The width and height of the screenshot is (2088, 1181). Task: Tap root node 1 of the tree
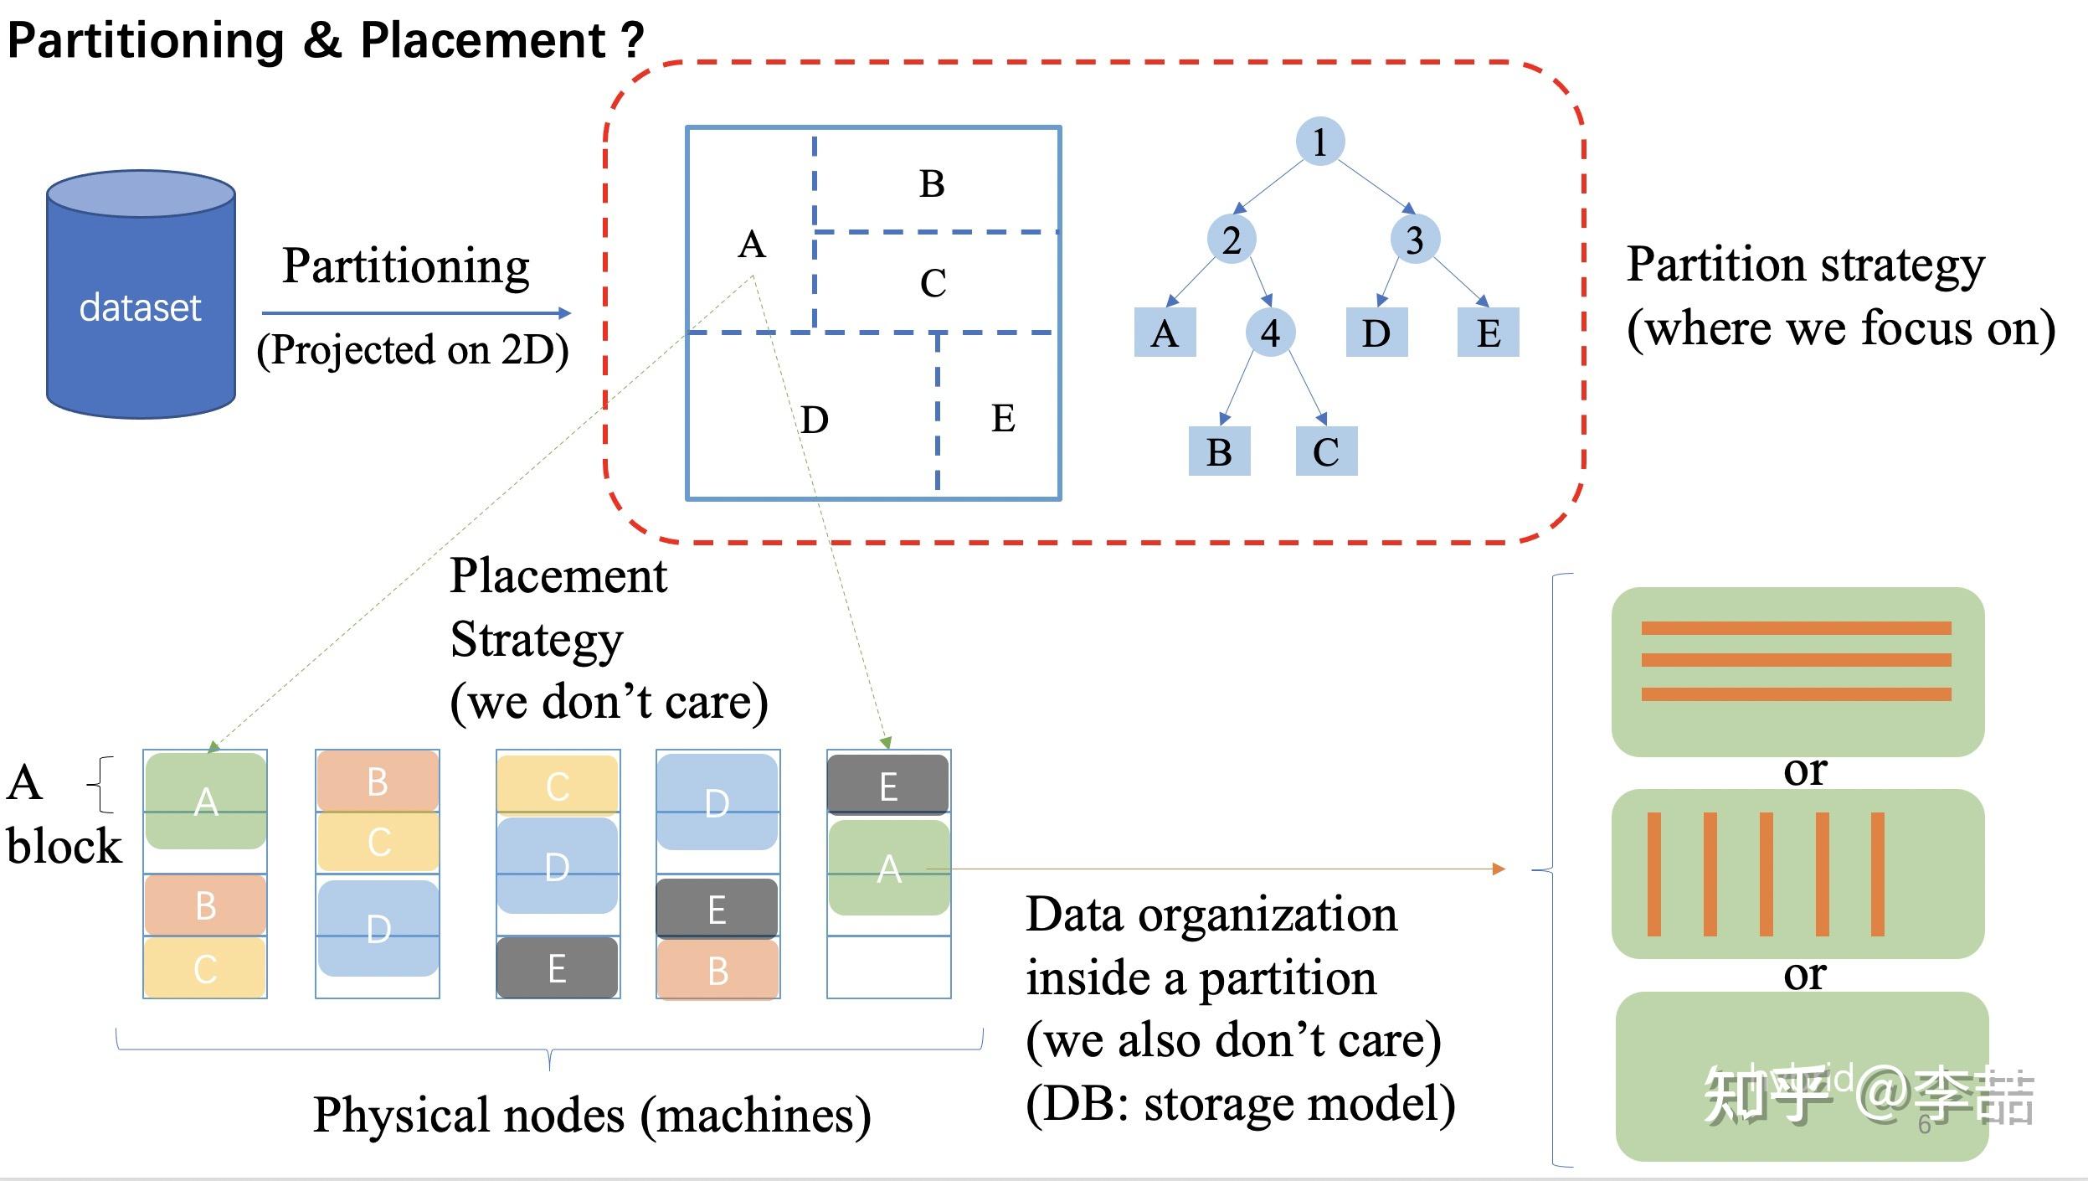(x=1319, y=142)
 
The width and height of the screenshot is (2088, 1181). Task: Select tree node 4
(x=1270, y=333)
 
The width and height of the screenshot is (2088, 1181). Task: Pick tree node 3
(x=1415, y=240)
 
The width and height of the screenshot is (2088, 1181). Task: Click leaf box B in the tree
(x=1219, y=451)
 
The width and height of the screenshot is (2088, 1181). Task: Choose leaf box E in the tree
(x=1488, y=333)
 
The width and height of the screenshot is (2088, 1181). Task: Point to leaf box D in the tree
(x=1376, y=333)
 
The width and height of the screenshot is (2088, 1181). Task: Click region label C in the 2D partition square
(x=933, y=283)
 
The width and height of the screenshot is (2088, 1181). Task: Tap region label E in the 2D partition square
(x=1003, y=418)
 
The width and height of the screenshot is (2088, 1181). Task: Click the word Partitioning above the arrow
(x=406, y=266)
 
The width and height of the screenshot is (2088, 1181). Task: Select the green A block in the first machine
(x=206, y=802)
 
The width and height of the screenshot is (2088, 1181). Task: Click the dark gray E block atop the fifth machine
(x=888, y=786)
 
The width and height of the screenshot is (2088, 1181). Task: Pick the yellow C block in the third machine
(x=558, y=785)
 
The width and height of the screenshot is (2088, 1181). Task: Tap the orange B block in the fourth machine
(x=717, y=970)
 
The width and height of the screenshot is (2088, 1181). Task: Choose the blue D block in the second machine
(x=378, y=928)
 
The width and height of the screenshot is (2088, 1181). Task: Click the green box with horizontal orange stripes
(x=1797, y=672)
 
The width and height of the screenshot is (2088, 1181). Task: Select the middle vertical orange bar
(x=1766, y=874)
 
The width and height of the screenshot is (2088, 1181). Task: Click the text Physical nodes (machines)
(x=592, y=1115)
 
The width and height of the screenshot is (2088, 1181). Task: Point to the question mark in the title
(x=633, y=40)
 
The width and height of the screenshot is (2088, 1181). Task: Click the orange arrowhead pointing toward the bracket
(x=1499, y=869)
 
